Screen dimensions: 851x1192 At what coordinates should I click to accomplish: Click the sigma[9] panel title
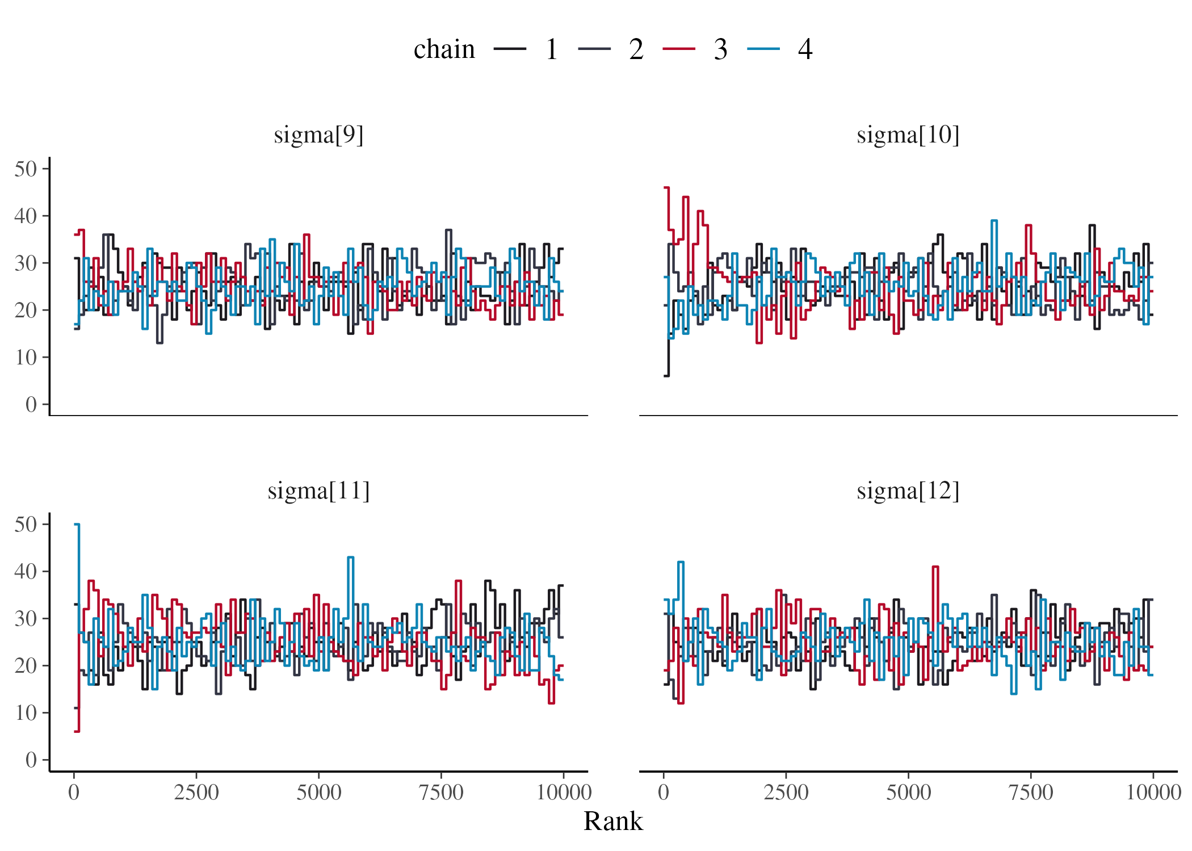click(x=318, y=135)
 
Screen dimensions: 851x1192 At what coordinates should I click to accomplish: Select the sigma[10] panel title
click(x=908, y=135)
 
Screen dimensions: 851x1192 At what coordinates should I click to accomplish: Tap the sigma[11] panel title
click(x=318, y=491)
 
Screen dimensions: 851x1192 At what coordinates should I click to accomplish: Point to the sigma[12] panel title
click(x=908, y=491)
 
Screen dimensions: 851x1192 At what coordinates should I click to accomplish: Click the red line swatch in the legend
click(x=679, y=49)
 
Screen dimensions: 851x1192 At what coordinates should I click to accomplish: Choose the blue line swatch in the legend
click(x=763, y=49)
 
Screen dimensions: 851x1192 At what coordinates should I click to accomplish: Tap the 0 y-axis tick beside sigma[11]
click(x=31, y=760)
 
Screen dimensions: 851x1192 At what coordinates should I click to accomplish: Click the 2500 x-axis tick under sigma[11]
click(x=196, y=793)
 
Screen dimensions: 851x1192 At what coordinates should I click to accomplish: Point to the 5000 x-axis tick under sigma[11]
click(x=318, y=793)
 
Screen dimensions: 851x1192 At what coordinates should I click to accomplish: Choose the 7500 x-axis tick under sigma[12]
click(x=1031, y=793)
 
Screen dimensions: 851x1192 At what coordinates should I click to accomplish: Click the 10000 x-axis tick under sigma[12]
click(x=1153, y=793)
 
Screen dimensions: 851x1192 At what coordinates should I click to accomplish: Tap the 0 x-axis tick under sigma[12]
click(x=664, y=793)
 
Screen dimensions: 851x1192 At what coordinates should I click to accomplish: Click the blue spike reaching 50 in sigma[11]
click(x=77, y=525)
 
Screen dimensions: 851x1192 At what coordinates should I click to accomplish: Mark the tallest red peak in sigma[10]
click(x=667, y=188)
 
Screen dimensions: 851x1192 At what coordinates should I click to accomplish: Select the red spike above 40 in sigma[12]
click(x=935, y=567)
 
